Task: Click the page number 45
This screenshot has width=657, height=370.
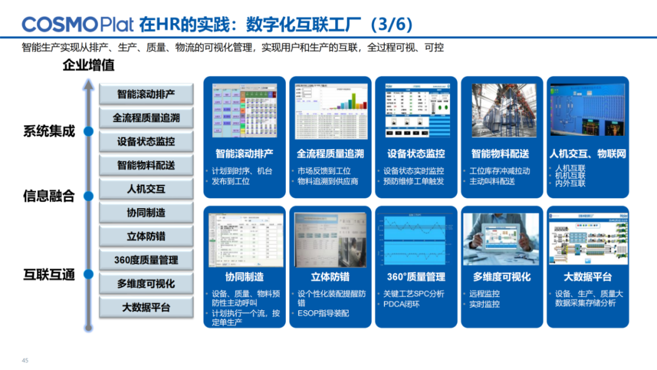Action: (25, 360)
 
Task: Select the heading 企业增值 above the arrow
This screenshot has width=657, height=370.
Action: (89, 65)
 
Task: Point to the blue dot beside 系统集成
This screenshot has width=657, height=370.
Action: (89, 131)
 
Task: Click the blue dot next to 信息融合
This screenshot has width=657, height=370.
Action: (89, 196)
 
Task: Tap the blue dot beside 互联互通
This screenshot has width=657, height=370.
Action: (89, 275)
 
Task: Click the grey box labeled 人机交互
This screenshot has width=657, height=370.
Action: (146, 189)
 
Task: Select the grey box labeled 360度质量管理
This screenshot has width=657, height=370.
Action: (146, 260)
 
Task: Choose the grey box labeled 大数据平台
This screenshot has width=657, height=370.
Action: (146, 307)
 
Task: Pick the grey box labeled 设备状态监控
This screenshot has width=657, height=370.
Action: (146, 141)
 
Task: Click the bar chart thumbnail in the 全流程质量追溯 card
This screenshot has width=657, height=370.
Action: (330, 111)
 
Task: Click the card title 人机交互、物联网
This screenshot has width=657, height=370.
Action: (588, 154)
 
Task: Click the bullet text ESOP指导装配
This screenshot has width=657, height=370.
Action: (323, 313)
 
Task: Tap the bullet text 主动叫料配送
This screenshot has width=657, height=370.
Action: (492, 181)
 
